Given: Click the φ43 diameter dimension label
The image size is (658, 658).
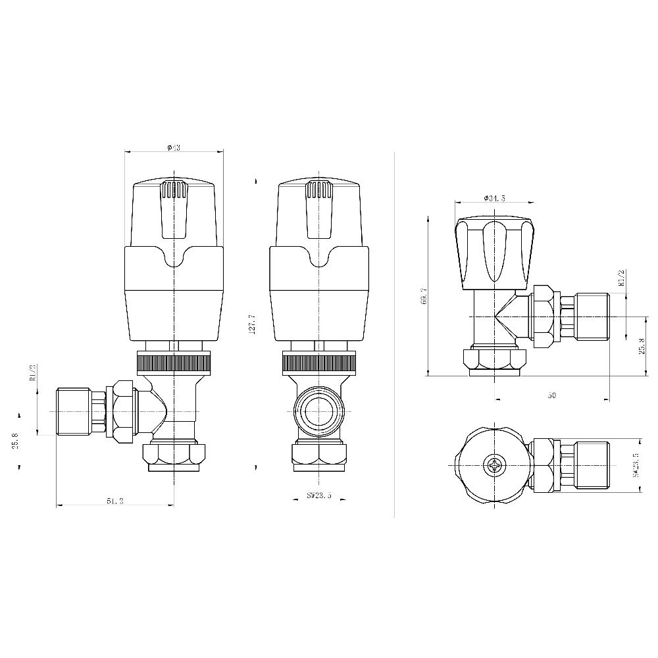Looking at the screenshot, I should pos(174,147).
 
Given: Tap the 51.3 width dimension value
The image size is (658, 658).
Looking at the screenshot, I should pos(116,501).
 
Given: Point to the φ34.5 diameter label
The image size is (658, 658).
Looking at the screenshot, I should pos(494,198).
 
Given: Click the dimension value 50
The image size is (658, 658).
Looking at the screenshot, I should pos(551,395).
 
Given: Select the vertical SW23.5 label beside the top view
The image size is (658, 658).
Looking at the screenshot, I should pos(636,465).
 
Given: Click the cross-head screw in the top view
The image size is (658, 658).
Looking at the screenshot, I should pos(493,467).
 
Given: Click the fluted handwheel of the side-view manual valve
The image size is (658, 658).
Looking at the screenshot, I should pos(493,253).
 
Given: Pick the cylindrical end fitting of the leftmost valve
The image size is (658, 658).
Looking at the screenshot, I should pos(73,411).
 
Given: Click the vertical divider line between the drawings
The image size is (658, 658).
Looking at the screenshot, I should pos(393,329).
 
